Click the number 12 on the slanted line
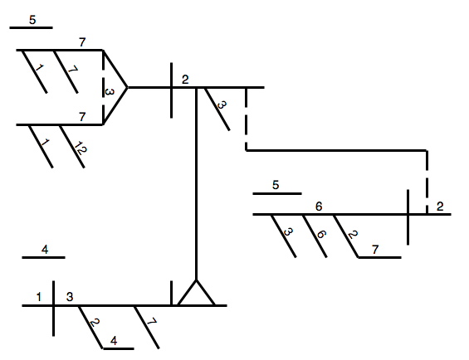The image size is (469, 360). [x=80, y=148]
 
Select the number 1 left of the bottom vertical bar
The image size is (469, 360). [x=38, y=297]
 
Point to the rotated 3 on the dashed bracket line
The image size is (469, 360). [x=110, y=91]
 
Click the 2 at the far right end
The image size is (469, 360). [x=440, y=207]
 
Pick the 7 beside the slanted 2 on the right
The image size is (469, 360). [x=375, y=249]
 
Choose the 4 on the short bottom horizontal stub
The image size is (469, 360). [x=114, y=341]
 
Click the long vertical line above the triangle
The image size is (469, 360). [x=196, y=183]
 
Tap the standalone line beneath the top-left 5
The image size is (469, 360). [x=31, y=28]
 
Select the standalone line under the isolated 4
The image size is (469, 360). [x=44, y=257]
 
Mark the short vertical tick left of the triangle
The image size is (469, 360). [x=171, y=293]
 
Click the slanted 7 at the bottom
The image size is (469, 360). [x=152, y=322]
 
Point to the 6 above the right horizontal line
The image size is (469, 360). [x=319, y=207]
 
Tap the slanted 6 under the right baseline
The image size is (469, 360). [x=320, y=234]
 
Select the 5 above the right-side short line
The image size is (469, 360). [x=276, y=185]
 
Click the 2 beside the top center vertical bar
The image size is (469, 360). [x=185, y=80]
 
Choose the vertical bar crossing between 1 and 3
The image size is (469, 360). [x=53, y=309]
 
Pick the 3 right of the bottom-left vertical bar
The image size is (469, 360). [x=70, y=297]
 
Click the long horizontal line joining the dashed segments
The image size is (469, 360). [x=336, y=150]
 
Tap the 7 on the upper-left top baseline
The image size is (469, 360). [x=82, y=42]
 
